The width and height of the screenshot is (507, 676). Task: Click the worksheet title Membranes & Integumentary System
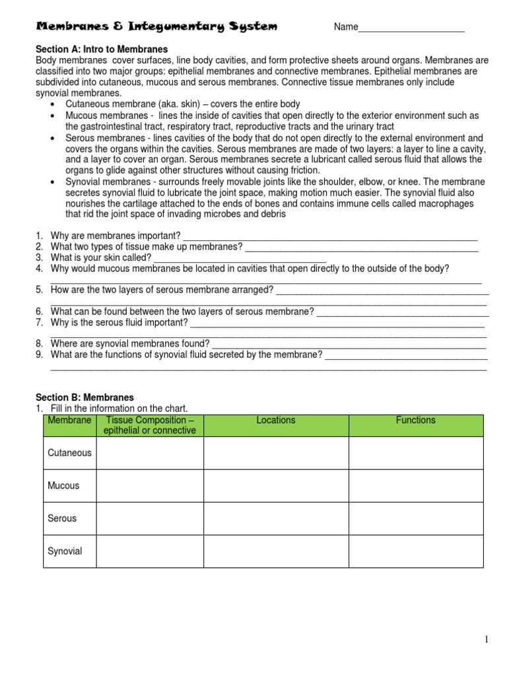click(x=156, y=26)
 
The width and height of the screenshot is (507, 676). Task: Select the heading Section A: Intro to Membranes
click(x=101, y=50)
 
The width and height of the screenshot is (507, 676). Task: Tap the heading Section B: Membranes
click(x=84, y=397)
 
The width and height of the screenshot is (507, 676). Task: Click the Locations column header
click(x=276, y=421)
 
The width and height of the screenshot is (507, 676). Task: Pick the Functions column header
click(x=415, y=421)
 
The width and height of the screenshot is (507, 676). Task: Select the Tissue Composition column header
click(x=150, y=425)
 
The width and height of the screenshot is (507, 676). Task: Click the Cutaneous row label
click(x=69, y=453)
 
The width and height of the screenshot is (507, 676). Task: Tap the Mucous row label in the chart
click(x=63, y=485)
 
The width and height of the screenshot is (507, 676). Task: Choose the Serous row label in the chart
click(x=62, y=518)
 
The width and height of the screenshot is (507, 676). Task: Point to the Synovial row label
click(x=65, y=551)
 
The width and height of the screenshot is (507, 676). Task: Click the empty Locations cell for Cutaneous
click(x=276, y=453)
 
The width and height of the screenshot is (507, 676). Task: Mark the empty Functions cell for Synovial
click(x=415, y=551)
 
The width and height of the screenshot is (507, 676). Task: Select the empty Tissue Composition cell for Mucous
click(x=150, y=485)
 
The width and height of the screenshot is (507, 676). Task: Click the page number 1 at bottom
click(x=487, y=639)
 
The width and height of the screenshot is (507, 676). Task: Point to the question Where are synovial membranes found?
click(x=130, y=343)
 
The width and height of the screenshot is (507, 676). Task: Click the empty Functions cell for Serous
click(x=415, y=518)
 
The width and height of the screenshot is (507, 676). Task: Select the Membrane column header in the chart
click(x=69, y=421)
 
